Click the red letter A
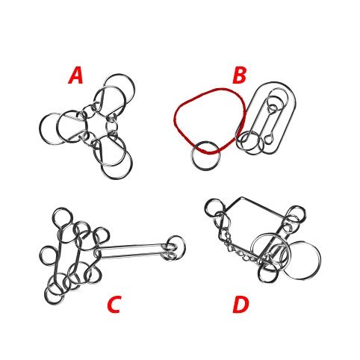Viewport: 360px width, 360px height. (x=75, y=75)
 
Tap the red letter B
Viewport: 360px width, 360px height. (x=239, y=75)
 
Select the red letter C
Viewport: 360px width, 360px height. (x=114, y=304)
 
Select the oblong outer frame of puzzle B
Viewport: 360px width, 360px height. (x=296, y=105)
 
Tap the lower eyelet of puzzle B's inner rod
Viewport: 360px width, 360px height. (x=269, y=140)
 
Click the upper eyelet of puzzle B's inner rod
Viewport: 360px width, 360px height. (x=273, y=108)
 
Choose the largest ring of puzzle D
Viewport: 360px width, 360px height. (x=320, y=259)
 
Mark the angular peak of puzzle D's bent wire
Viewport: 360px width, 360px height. (x=240, y=198)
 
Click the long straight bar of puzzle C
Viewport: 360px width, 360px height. (x=132, y=251)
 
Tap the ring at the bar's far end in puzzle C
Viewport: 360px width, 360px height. (x=185, y=248)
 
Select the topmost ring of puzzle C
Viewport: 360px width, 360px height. (x=54, y=217)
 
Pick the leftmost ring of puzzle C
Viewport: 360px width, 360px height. (x=40, y=255)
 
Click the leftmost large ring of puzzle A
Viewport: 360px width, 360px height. (x=40, y=129)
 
